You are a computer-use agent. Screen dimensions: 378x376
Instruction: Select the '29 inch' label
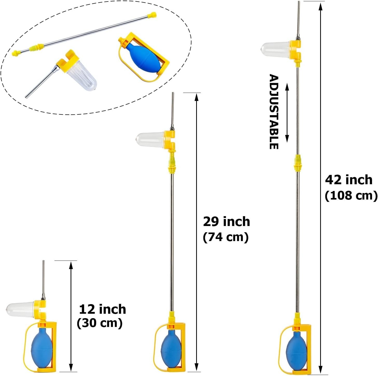(226, 222)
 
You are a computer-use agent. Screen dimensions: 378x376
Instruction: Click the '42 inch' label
(349, 180)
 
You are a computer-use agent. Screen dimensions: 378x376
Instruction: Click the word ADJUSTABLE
(274, 112)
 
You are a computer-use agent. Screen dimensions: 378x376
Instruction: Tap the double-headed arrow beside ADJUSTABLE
(287, 113)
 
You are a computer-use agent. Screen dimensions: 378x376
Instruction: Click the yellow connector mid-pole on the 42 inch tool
(297, 162)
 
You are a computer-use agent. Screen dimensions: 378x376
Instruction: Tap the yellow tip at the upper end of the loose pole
(152, 15)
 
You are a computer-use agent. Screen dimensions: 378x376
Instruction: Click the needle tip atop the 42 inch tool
(299, 2)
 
